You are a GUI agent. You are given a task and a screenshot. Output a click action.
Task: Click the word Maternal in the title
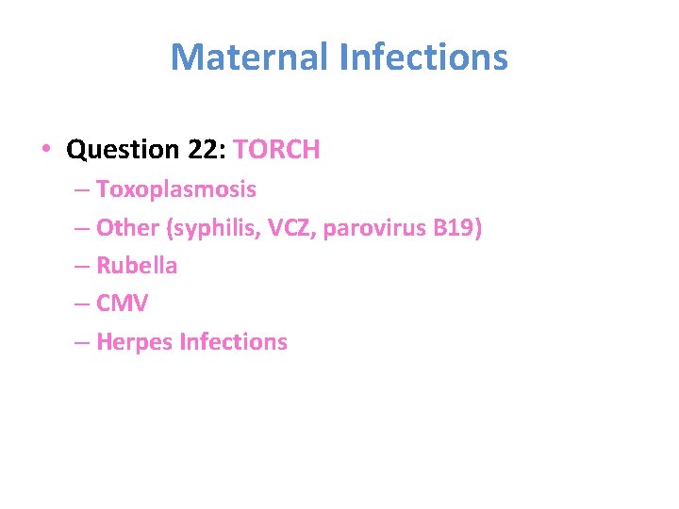249,57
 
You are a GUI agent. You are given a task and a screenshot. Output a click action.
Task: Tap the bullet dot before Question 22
45,150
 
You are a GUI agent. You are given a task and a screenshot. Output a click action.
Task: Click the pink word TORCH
276,149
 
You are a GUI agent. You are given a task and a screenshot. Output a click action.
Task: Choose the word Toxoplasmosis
175,189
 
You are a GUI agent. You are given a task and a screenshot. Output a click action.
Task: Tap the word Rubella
137,266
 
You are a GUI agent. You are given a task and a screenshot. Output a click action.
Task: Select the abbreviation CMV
123,304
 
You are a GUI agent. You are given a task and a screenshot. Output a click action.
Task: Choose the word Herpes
130,342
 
